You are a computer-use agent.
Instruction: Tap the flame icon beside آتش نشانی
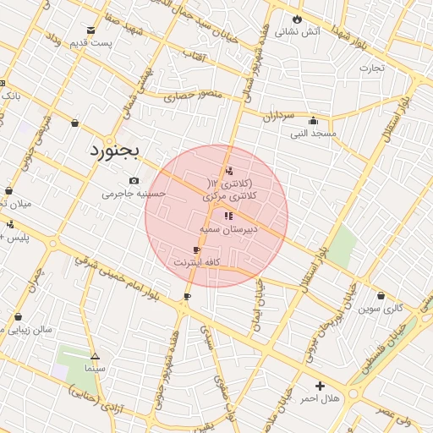pyautogui.click(x=297, y=19)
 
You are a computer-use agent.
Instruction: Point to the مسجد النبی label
pyautogui.click(x=314, y=134)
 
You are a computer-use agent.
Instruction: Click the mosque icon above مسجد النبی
pyautogui.click(x=314, y=120)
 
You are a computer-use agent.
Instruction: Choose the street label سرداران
pyautogui.click(x=276, y=115)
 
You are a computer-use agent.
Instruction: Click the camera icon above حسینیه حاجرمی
pyautogui.click(x=134, y=180)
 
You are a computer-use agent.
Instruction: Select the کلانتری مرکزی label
pyautogui.click(x=231, y=195)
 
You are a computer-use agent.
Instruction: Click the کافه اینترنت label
pyautogui.click(x=197, y=263)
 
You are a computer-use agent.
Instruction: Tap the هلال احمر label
pyautogui.click(x=320, y=398)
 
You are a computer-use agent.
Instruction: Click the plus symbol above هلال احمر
pyautogui.click(x=320, y=386)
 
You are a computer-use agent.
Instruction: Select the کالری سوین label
pyautogui.click(x=381, y=310)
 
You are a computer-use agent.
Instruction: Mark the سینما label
pyautogui.click(x=95, y=370)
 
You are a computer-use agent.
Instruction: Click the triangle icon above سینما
pyautogui.click(x=95, y=357)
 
